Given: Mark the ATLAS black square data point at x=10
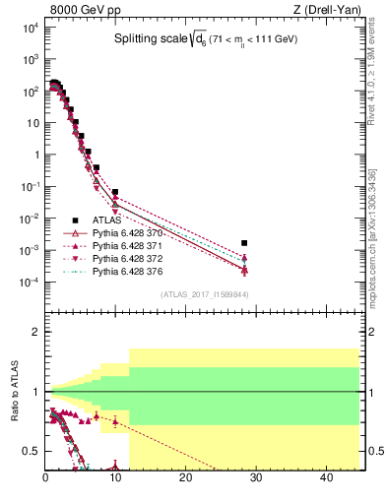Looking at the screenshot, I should (x=115, y=192).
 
